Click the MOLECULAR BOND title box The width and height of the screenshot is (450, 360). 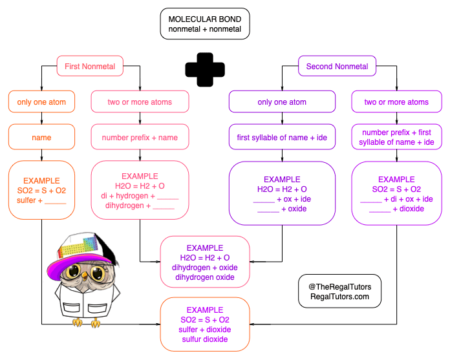(205, 24)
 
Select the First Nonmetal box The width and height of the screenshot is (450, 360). (90, 66)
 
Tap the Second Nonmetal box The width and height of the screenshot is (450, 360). (337, 66)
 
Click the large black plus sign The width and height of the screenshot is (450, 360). (205, 69)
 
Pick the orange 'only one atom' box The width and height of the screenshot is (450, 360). (41, 101)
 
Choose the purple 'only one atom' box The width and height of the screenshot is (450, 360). (282, 101)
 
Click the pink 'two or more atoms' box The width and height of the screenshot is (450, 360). (140, 101)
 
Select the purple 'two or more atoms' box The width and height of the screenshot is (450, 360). (396, 101)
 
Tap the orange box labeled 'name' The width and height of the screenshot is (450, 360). (41, 137)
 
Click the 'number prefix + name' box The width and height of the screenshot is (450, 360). (140, 137)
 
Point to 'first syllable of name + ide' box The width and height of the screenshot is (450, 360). (282, 137)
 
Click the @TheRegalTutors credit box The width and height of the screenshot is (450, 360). (340, 291)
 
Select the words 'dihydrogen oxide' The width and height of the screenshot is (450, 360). (204, 277)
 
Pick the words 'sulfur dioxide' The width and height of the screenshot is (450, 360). (204, 339)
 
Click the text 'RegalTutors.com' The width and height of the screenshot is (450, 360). (340, 296)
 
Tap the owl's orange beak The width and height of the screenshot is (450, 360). (84, 275)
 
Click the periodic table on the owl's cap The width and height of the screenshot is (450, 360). (78, 246)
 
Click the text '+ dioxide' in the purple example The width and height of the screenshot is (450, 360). (409, 209)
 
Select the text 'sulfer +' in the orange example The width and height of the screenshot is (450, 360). (30, 200)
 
